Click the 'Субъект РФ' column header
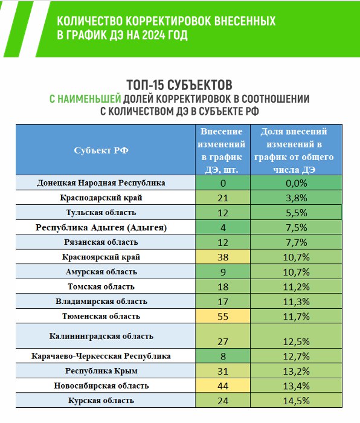click(101, 150)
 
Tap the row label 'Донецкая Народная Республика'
click(101, 183)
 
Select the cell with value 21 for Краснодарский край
click(223, 198)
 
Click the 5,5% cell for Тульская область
click(296, 212)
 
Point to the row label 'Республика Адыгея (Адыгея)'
click(101, 227)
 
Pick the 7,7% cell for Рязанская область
click(296, 242)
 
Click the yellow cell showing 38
click(223, 257)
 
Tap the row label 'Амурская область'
click(101, 272)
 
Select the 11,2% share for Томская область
click(296, 286)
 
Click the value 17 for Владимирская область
click(223, 301)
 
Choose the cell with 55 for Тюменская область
click(223, 316)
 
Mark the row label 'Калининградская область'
click(101, 336)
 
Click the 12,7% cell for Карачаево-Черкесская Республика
click(296, 356)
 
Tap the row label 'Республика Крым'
click(101, 370)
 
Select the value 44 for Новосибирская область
click(223, 386)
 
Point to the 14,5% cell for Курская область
click(296, 400)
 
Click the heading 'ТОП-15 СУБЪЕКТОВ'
click(179, 85)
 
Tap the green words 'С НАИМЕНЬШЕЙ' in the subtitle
click(85, 99)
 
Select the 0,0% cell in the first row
click(296, 183)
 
